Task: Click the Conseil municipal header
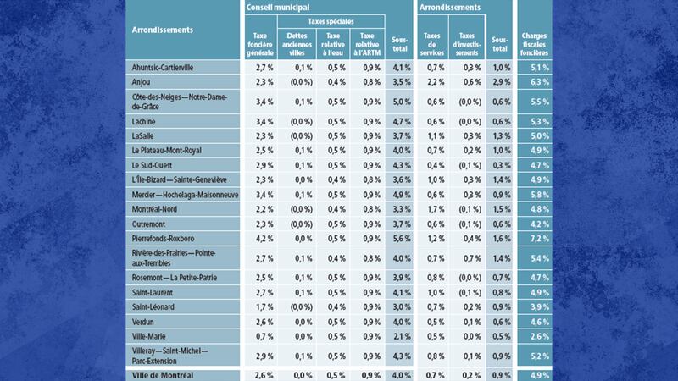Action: (x=278, y=7)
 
